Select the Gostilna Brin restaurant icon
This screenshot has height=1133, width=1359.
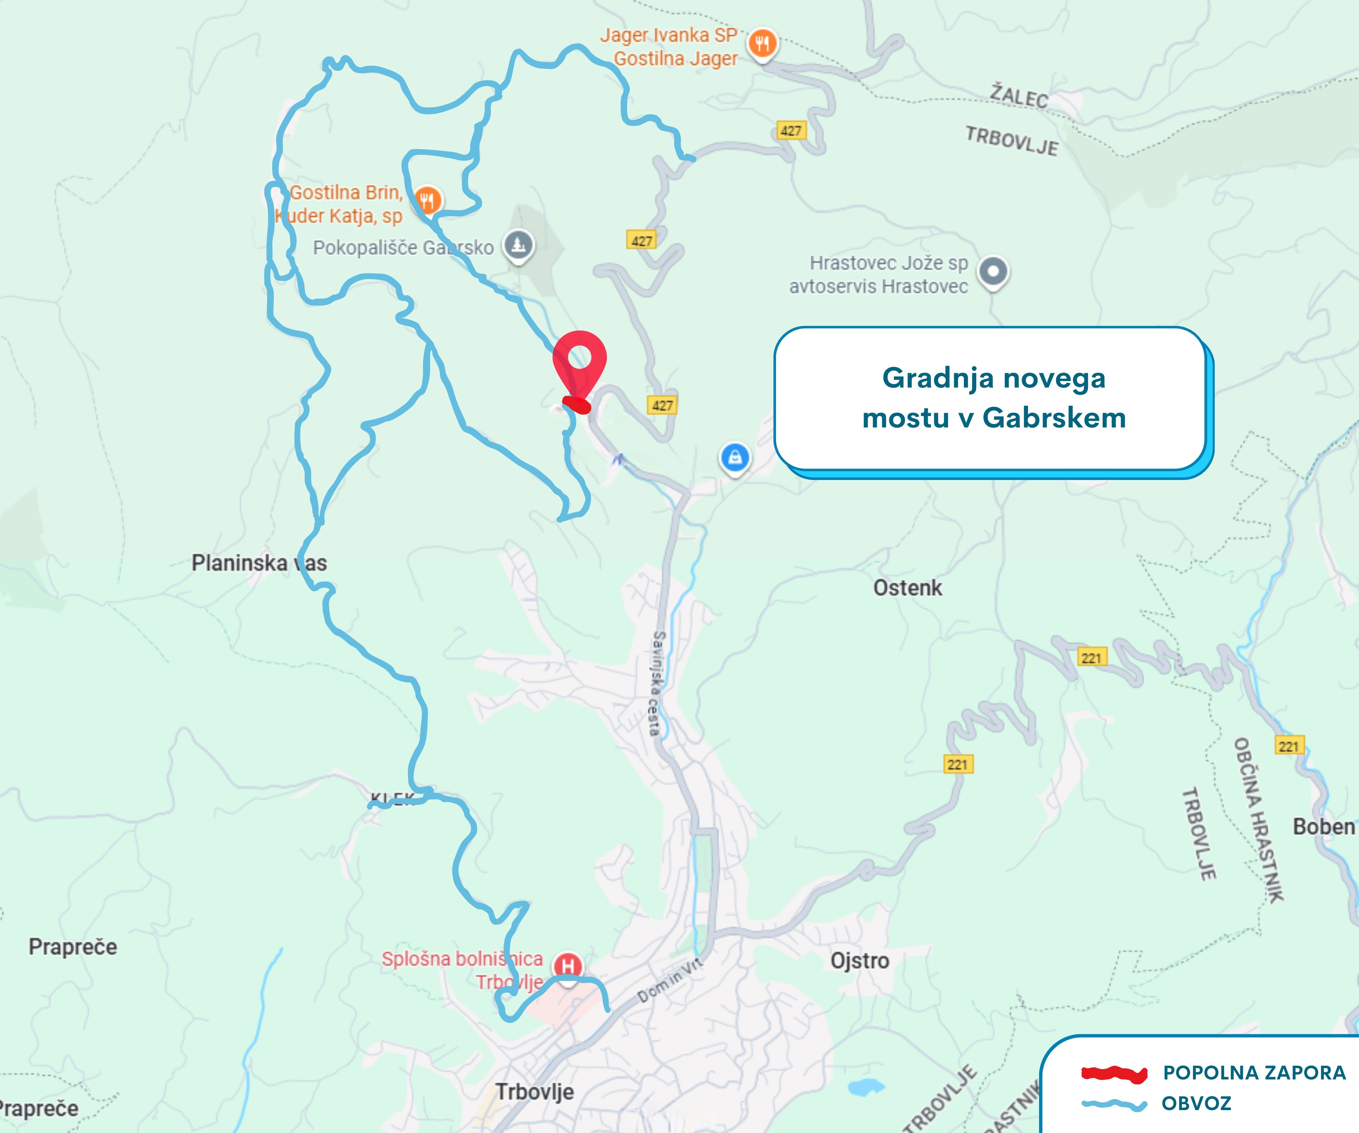point(427,200)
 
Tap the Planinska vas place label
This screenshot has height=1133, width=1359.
point(259,563)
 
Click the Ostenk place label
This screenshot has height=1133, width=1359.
point(907,588)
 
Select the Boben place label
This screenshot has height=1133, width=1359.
point(1323,827)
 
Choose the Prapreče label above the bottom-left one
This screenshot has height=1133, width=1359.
point(73,947)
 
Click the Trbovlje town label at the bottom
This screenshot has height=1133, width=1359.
point(535,1092)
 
